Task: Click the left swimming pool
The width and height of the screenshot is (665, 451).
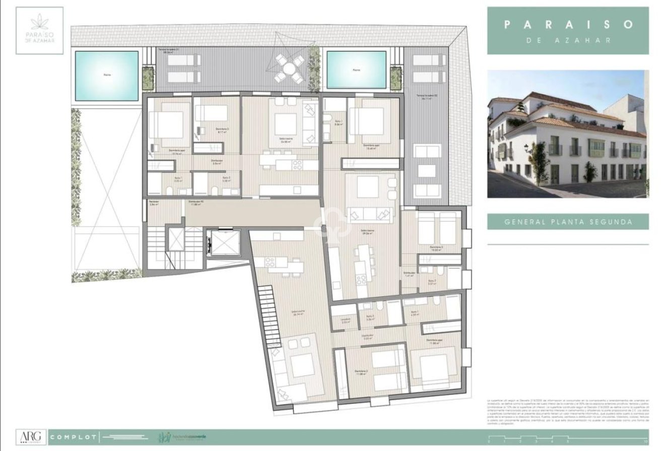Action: point(106,75)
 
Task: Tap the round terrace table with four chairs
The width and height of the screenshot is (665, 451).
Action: point(289,68)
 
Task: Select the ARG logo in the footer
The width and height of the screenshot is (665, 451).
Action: point(31,437)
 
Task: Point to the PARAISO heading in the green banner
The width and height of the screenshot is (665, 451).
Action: point(568,24)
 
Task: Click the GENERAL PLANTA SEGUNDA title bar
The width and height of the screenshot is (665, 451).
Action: point(568,221)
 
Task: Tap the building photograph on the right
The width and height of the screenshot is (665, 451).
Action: point(568,134)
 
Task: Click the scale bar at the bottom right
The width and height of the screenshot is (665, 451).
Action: point(568,438)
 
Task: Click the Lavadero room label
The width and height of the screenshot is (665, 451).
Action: point(345,319)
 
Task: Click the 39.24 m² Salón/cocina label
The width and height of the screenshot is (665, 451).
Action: point(360,233)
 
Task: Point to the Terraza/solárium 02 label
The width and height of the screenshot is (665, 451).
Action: point(426,96)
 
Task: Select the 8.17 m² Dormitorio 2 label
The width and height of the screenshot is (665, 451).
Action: point(222,130)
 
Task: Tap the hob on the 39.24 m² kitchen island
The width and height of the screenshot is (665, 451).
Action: point(361,279)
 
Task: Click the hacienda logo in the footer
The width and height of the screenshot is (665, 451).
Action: point(182,436)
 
